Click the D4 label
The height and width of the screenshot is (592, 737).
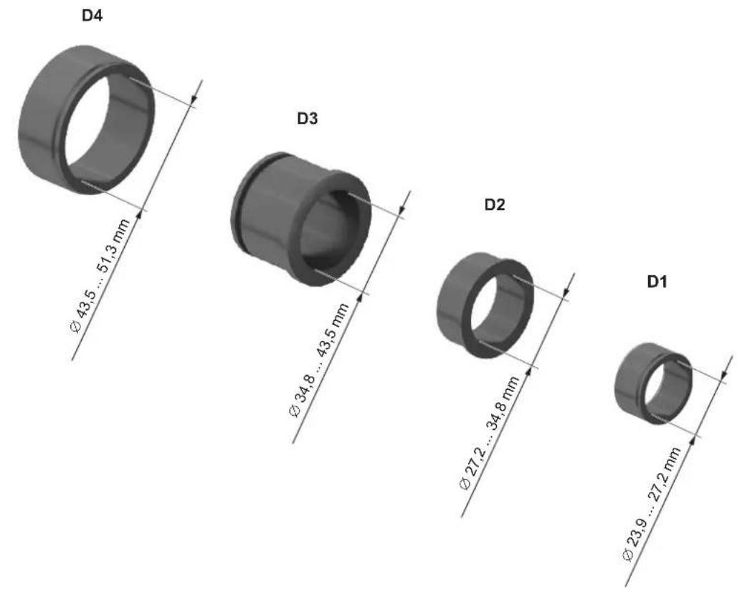(x=92, y=16)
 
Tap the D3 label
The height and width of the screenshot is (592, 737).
(x=308, y=119)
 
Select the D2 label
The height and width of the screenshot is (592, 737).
(x=495, y=204)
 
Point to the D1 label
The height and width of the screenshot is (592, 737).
(x=657, y=282)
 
